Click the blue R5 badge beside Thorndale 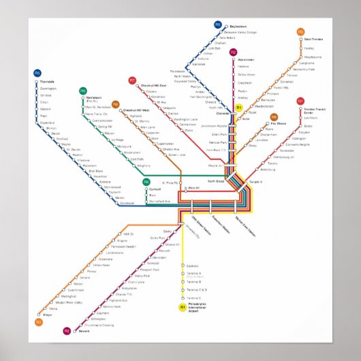click(x=37, y=72)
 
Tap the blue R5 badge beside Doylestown click(x=218, y=25)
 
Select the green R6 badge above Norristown click(x=82, y=91)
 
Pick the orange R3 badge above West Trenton click(x=300, y=31)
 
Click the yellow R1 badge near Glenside click(x=239, y=108)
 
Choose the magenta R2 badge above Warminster click(x=233, y=52)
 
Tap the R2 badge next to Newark click(x=67, y=330)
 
